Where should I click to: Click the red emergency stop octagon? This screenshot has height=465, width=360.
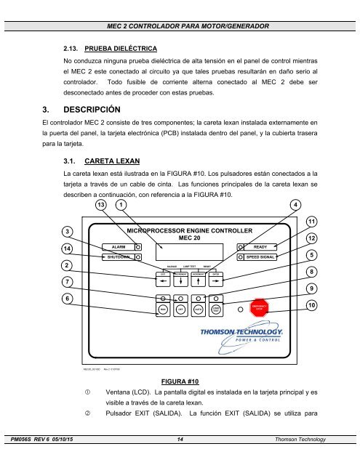coord(260,307)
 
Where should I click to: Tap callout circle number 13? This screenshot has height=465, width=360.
coord(101,204)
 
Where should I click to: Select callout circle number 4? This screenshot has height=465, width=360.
coord(295,204)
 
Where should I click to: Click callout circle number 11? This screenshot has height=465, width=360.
coord(311,221)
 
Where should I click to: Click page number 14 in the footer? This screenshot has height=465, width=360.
coord(180,460)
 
